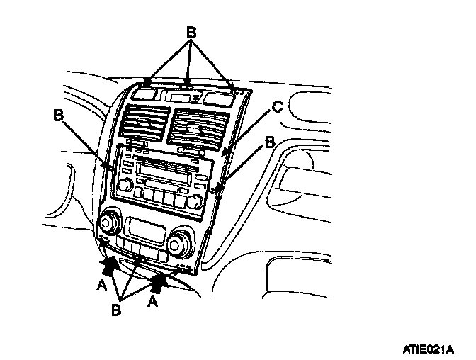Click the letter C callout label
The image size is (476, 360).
pos(278,107)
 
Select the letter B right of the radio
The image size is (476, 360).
pos(269,143)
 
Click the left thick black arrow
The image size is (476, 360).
pos(110,266)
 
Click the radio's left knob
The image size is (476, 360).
pos(125,186)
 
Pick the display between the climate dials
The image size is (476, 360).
pos(144,230)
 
